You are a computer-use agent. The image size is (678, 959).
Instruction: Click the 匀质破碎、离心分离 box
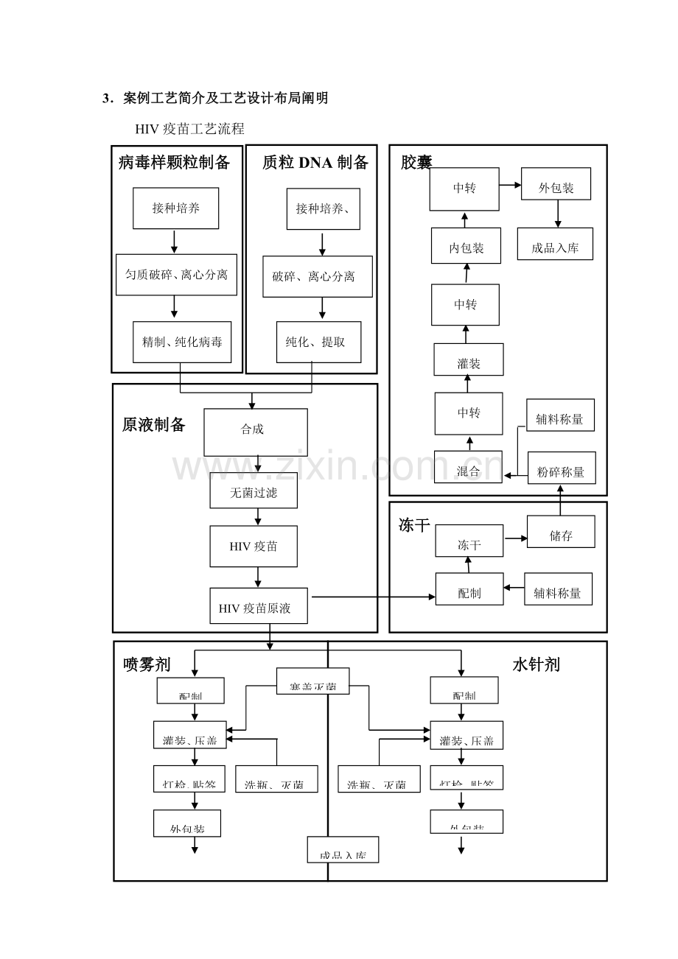pyautogui.click(x=176, y=275)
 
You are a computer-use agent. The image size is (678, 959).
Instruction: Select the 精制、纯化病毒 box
pyautogui.click(x=181, y=342)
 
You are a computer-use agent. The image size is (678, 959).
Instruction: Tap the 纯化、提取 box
pyautogui.click(x=318, y=342)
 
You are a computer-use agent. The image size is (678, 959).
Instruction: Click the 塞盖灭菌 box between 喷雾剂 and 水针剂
pyautogui.click(x=312, y=681)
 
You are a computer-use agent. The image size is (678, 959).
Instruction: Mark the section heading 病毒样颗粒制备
pyautogui.click(x=175, y=163)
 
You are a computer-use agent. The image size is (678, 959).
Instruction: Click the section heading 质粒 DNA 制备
pyautogui.click(x=315, y=163)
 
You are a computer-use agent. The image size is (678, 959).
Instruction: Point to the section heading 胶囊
pyautogui.click(x=416, y=162)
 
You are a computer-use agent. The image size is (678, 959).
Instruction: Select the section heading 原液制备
pyautogui.click(x=154, y=425)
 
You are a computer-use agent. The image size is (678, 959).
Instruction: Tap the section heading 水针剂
pyautogui.click(x=536, y=664)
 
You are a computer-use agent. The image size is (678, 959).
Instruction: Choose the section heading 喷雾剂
pyautogui.click(x=147, y=664)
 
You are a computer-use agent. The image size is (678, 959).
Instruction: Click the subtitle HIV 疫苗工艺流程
pyautogui.click(x=189, y=129)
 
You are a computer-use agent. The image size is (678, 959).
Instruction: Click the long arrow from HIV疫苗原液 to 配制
pyautogui.click(x=372, y=597)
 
